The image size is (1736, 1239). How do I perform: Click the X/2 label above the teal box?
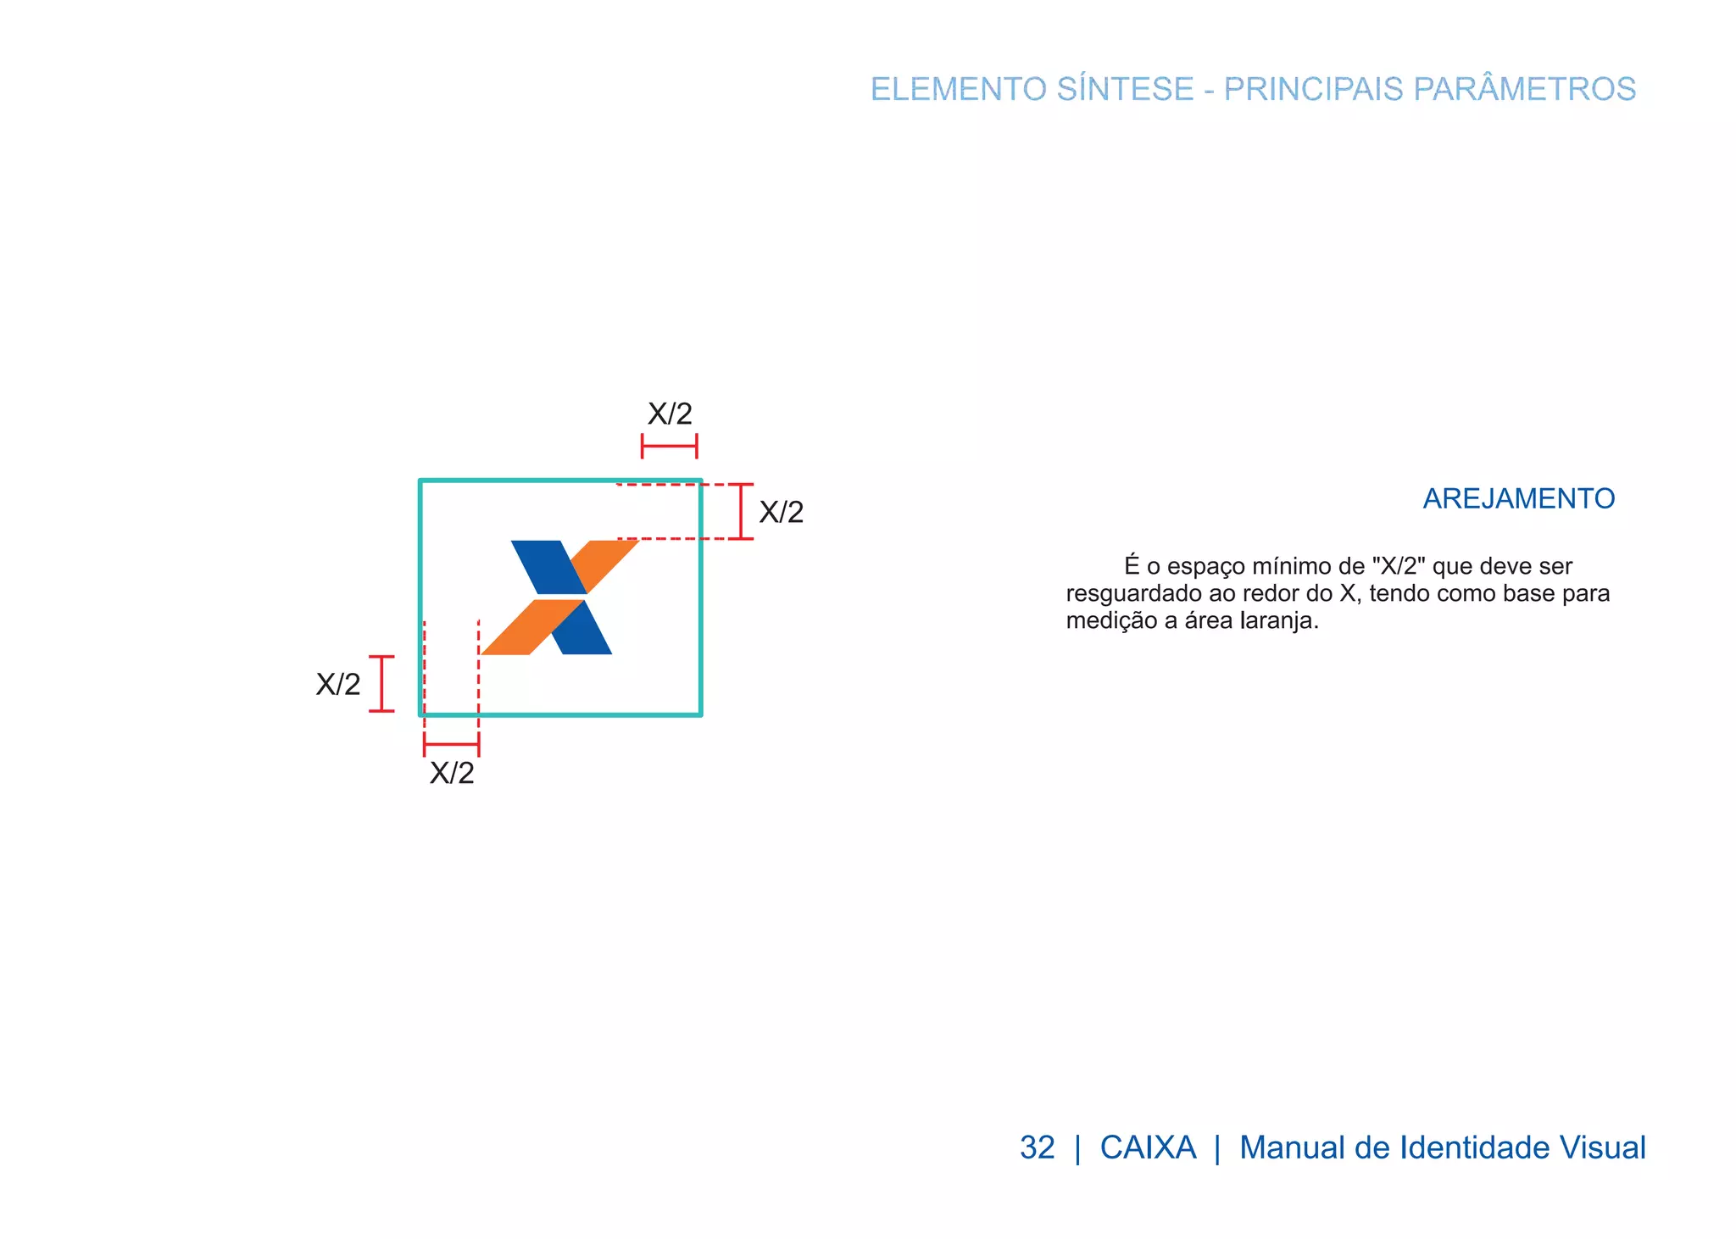click(670, 414)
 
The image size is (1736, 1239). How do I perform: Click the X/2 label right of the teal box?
click(781, 512)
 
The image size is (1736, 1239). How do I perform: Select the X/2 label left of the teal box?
click(338, 684)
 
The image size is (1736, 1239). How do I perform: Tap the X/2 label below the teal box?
click(452, 773)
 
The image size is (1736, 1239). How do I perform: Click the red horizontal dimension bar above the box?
click(669, 446)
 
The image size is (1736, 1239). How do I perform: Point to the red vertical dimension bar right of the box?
click(741, 511)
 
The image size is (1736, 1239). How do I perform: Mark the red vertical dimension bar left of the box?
click(382, 683)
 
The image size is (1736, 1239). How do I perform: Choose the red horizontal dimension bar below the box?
click(451, 744)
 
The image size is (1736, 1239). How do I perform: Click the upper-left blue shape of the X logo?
click(547, 566)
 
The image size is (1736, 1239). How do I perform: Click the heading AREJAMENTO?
click(1518, 498)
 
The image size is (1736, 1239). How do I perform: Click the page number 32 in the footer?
click(1037, 1147)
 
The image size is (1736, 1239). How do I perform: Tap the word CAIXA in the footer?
click(1148, 1147)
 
